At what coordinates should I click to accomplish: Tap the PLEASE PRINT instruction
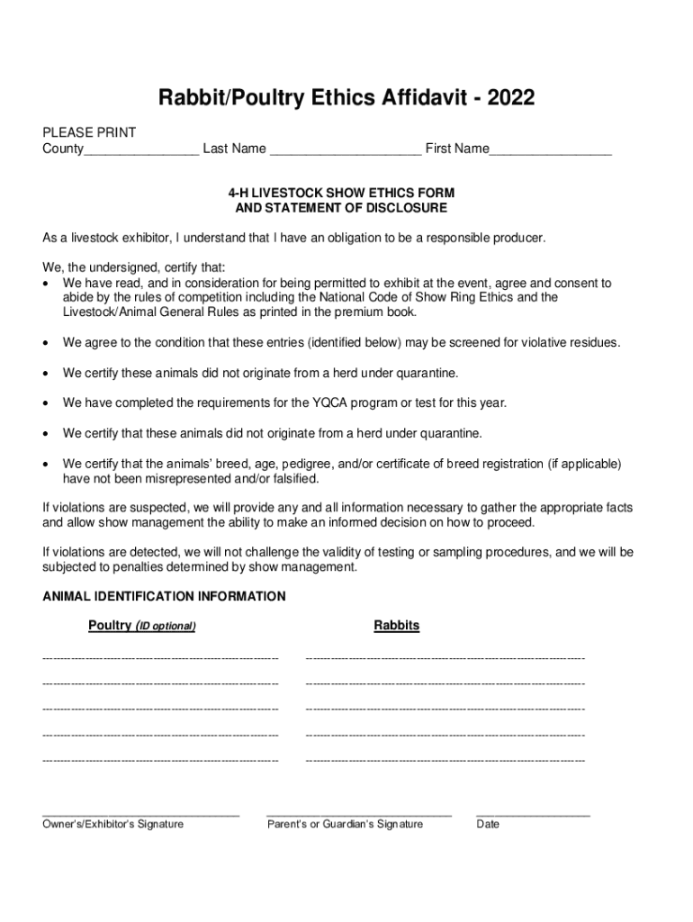(89, 132)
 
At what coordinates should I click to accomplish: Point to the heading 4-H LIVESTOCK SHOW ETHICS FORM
(341, 194)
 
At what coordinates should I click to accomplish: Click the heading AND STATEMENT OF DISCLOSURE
(341, 208)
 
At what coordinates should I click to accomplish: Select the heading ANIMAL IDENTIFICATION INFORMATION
(164, 596)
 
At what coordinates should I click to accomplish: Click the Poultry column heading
(110, 625)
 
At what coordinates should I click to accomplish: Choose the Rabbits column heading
(397, 625)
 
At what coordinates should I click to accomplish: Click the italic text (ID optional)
(165, 626)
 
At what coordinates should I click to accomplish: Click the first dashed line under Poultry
(160, 659)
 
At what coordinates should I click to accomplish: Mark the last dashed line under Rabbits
(445, 761)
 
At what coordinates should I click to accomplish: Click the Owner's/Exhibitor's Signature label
(113, 824)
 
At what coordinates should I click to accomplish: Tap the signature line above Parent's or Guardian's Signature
(358, 813)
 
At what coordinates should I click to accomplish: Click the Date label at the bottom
(488, 824)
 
